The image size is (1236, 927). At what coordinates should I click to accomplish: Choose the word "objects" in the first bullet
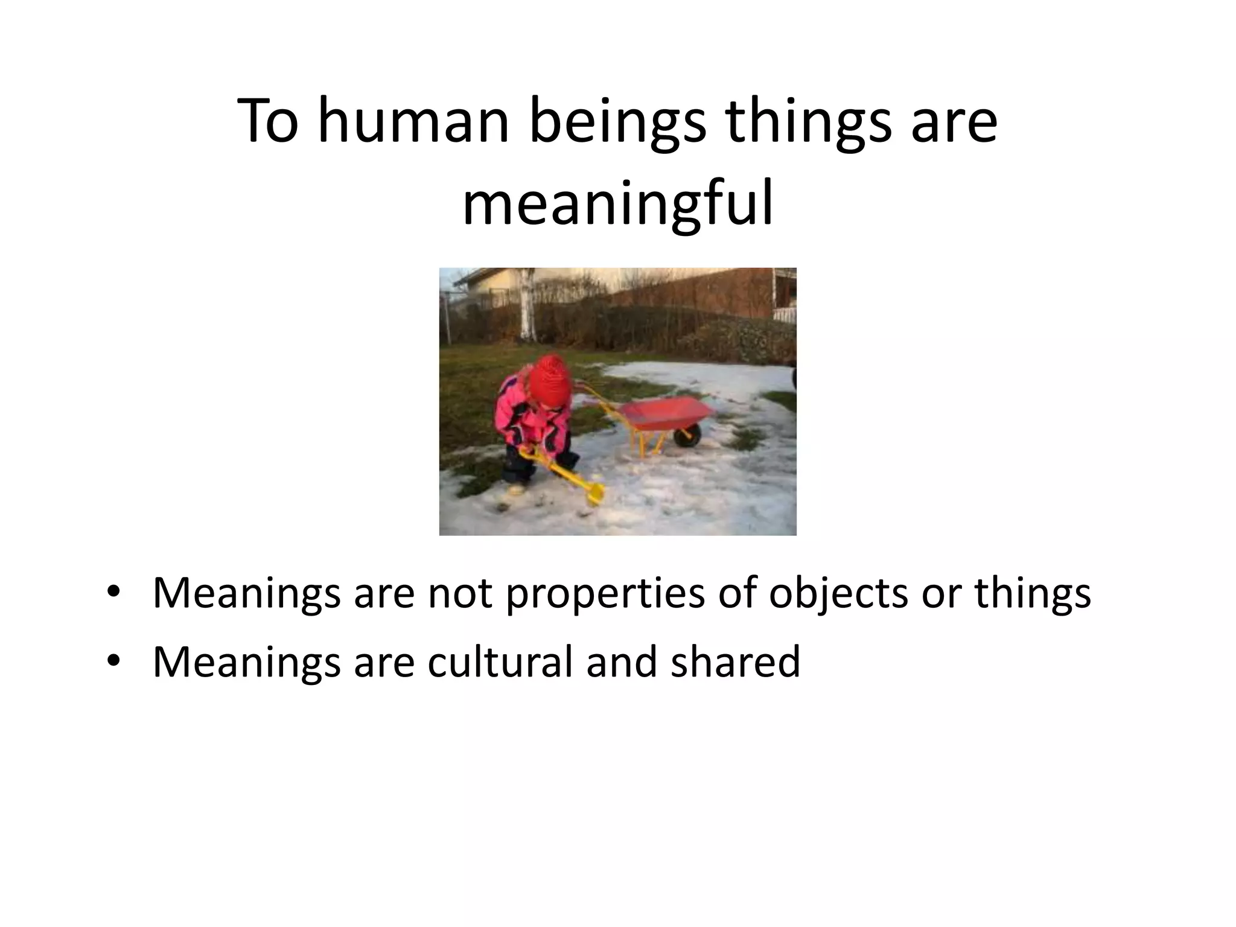click(838, 594)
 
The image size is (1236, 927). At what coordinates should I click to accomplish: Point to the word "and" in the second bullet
click(622, 661)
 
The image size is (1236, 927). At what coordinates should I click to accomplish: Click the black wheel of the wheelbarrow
click(687, 435)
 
